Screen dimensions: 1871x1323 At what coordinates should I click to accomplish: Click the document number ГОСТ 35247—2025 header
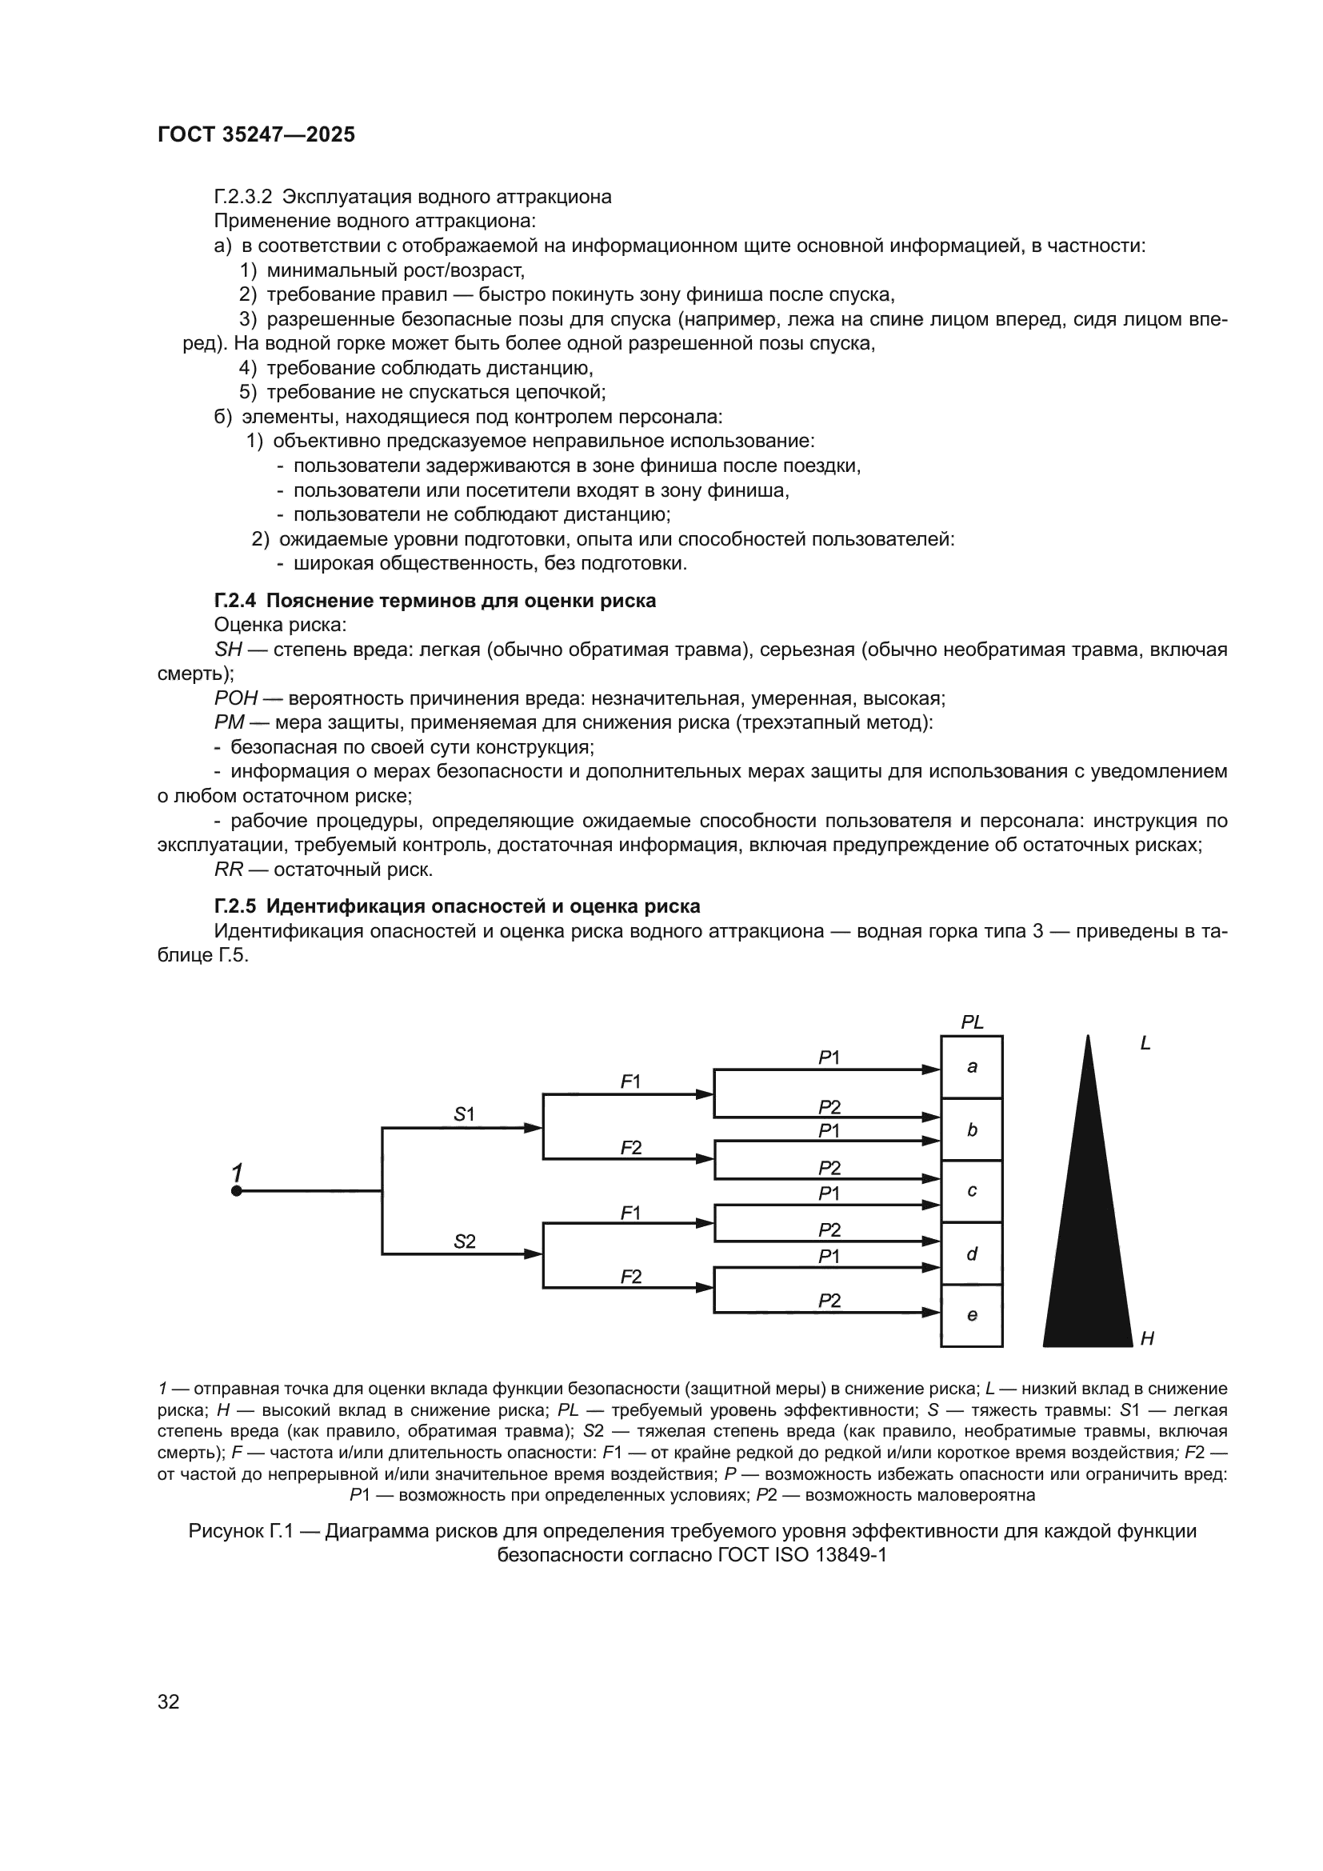pos(256,134)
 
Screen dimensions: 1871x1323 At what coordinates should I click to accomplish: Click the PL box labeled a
pos(971,1067)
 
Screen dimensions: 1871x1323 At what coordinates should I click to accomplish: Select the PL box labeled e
pos(971,1315)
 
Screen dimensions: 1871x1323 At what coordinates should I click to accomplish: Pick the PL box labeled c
pos(971,1191)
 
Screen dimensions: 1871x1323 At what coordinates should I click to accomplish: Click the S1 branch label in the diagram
pos(464,1114)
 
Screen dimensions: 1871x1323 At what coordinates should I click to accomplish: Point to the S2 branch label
pos(464,1242)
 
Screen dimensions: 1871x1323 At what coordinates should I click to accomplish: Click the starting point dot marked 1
pos(236,1191)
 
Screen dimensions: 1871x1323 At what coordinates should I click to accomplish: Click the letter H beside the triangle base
pos(1147,1338)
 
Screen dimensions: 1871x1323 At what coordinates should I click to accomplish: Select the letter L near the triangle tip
pos(1145,1044)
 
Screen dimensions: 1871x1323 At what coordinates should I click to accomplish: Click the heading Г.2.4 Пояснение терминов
pos(435,601)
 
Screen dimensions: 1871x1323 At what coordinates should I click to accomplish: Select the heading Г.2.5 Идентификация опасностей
pos(457,906)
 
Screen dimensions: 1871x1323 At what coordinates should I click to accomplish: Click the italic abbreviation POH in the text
pos(235,698)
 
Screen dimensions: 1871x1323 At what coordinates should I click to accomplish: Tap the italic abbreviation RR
pos(228,870)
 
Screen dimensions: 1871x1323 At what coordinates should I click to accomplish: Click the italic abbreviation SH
pos(228,650)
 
